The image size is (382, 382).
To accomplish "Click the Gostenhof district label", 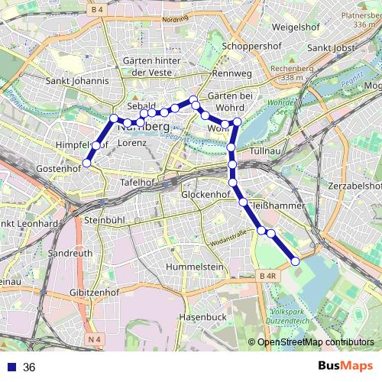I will pos(59,167).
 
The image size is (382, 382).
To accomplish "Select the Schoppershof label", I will pos(251,46).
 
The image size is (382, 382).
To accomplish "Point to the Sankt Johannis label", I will pos(76,80).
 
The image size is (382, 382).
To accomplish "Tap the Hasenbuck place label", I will pos(203,316).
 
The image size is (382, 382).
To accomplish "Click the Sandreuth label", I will pos(70,251).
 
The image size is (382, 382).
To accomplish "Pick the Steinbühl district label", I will pos(105,219).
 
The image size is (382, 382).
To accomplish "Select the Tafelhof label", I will pos(138,183).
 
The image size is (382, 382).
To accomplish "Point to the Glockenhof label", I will pos(206,195).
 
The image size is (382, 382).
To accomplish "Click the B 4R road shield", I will pos(267,276).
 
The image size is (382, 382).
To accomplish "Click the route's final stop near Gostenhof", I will pos(87,163).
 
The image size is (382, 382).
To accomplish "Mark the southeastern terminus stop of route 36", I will pos(296,261).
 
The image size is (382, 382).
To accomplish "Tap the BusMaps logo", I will pos(345,367).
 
